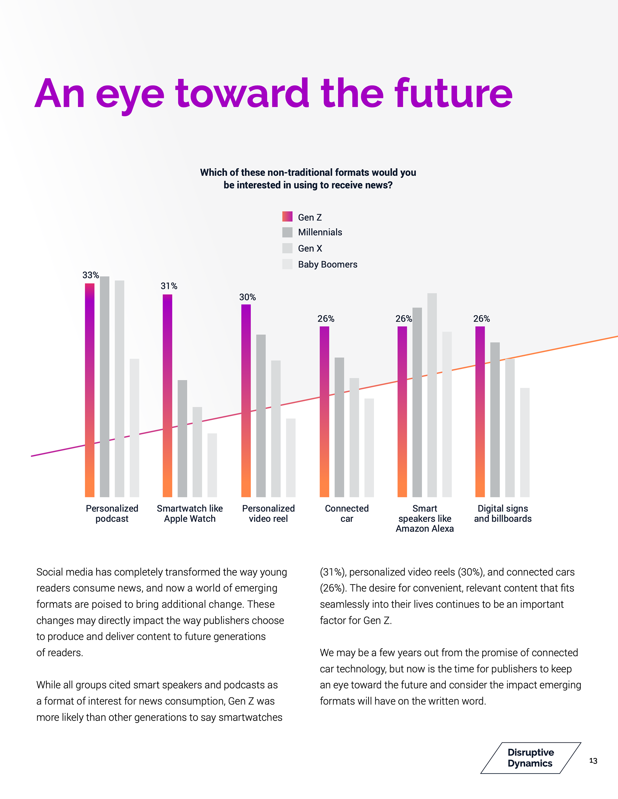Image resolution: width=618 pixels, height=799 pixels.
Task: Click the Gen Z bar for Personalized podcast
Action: (x=90, y=390)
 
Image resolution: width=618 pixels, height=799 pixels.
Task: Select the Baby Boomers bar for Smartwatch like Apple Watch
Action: (x=212, y=465)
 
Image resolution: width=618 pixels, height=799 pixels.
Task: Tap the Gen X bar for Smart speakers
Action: (x=432, y=395)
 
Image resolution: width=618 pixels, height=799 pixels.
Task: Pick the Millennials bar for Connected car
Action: (x=339, y=427)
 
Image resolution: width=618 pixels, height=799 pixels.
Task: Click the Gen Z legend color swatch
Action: (x=287, y=217)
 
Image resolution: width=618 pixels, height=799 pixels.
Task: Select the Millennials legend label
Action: (x=320, y=232)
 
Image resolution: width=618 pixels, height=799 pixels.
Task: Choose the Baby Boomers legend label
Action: (x=327, y=265)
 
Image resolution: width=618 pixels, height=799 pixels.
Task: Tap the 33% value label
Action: (x=90, y=275)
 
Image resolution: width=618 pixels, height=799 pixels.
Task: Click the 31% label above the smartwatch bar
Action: (x=169, y=286)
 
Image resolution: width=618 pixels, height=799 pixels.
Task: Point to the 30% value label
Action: (x=247, y=297)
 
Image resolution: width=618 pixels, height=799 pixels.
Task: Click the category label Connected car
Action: (x=347, y=513)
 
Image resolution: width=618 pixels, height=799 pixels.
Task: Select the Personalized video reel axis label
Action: (x=268, y=513)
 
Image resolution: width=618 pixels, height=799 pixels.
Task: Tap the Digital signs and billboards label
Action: (x=502, y=513)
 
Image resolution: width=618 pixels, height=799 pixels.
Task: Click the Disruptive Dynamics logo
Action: (x=530, y=758)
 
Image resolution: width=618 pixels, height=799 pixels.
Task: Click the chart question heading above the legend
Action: (x=308, y=178)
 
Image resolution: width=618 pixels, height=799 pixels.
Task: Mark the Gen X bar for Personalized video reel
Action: (x=276, y=428)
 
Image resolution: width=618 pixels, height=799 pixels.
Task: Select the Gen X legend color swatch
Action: (x=287, y=248)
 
